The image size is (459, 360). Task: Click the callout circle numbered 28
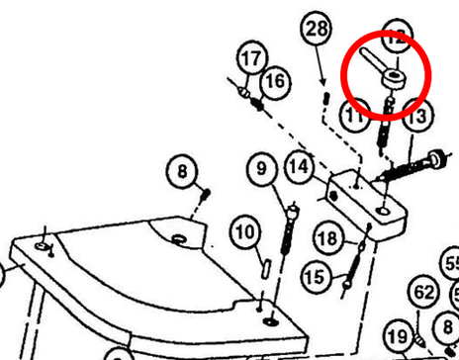click(316, 31)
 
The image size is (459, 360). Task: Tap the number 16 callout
click(275, 80)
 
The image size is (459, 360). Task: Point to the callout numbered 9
click(262, 170)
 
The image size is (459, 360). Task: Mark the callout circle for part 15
click(317, 274)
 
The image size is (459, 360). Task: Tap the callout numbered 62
click(423, 293)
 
